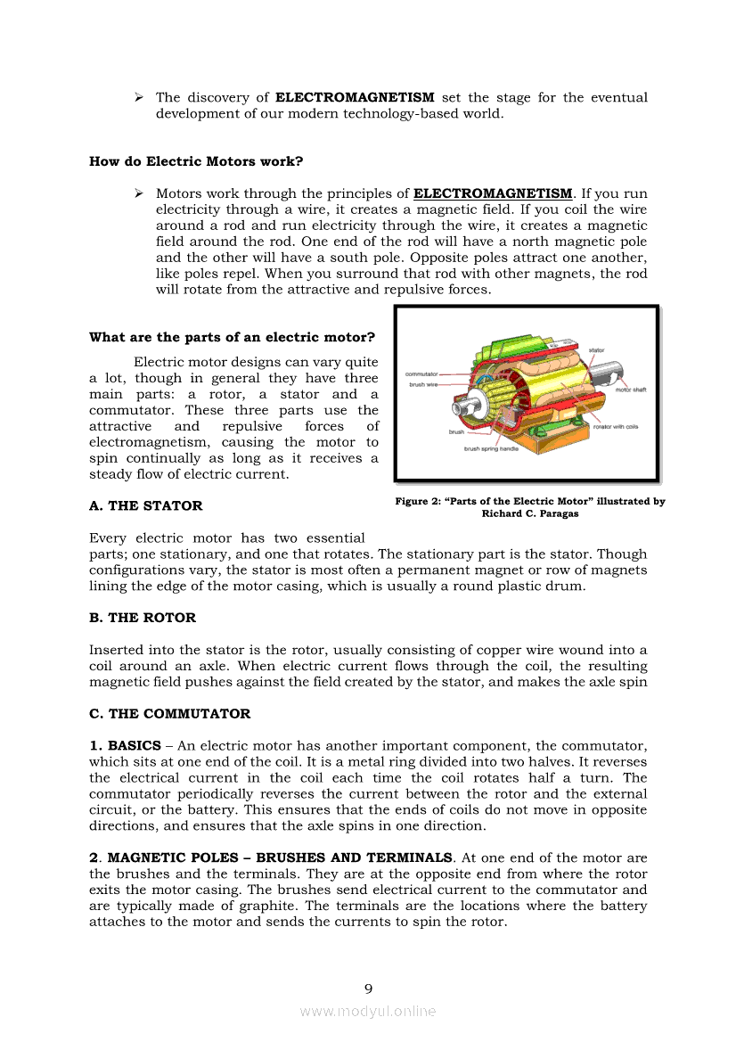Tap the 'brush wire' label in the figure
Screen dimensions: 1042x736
(x=423, y=384)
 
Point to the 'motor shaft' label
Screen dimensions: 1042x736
(x=630, y=390)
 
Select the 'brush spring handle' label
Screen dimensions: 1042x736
(x=490, y=449)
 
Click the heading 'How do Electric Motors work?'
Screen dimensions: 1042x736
(x=196, y=161)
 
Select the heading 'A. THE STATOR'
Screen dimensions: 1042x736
(x=146, y=505)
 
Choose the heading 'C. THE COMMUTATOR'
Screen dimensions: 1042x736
(x=169, y=713)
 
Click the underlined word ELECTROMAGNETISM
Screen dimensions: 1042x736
(x=493, y=193)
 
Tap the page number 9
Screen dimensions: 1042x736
(x=368, y=988)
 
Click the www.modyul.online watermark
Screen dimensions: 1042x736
(x=368, y=1011)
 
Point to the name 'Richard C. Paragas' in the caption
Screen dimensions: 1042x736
(x=530, y=513)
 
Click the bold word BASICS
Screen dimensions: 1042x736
(x=134, y=745)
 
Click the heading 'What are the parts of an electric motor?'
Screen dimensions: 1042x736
(x=232, y=337)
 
